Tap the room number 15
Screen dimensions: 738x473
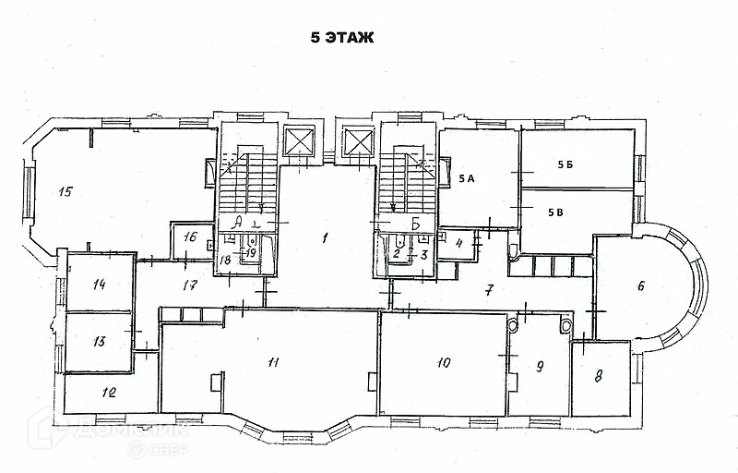click(x=65, y=192)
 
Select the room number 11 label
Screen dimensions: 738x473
click(x=273, y=361)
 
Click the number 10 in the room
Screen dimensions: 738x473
click(x=444, y=362)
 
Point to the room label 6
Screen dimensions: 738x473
click(x=640, y=285)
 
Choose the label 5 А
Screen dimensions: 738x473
click(x=465, y=179)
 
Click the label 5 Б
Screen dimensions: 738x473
click(x=565, y=164)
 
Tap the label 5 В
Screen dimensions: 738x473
click(x=555, y=212)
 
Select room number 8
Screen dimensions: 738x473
click(x=598, y=376)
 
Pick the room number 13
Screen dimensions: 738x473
click(x=100, y=341)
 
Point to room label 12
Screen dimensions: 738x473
click(x=109, y=393)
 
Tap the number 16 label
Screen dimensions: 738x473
click(x=189, y=236)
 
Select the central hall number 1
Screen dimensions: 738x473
click(x=325, y=237)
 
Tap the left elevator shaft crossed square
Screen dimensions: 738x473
click(x=300, y=141)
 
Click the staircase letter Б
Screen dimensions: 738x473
click(x=416, y=224)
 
